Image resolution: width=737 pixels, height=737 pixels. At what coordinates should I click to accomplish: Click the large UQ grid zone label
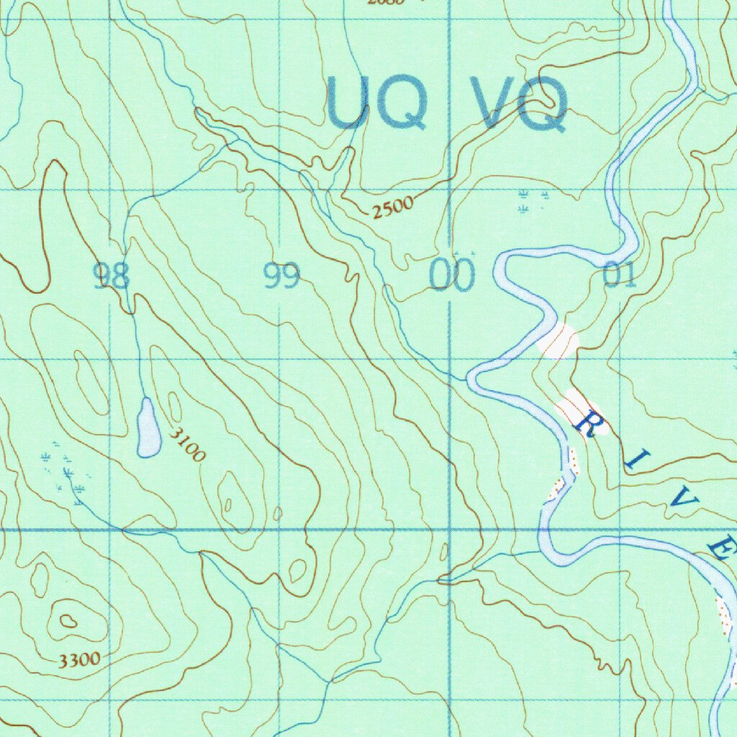tap(377, 103)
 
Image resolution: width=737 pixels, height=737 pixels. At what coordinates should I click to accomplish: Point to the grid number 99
tap(281, 276)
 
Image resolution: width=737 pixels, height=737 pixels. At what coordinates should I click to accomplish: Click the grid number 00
tap(453, 276)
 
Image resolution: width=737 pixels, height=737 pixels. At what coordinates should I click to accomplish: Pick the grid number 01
tap(620, 276)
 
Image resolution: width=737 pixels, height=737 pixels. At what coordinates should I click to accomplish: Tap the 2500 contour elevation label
tap(394, 207)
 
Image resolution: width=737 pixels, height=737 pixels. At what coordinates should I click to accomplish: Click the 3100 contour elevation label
tap(189, 444)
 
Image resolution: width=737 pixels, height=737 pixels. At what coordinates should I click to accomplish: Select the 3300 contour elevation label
tap(80, 659)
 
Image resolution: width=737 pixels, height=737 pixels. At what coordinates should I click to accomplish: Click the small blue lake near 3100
tap(148, 429)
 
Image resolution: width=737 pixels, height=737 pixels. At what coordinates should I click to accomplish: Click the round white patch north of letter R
tap(558, 340)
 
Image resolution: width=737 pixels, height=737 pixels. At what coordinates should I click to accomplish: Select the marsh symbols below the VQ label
tap(533, 201)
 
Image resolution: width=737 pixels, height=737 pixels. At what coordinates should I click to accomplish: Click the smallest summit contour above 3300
tap(68, 620)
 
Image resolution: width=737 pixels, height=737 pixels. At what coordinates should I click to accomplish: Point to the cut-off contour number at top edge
tap(386, 2)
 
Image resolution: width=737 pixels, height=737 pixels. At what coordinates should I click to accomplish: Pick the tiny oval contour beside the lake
tap(174, 405)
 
